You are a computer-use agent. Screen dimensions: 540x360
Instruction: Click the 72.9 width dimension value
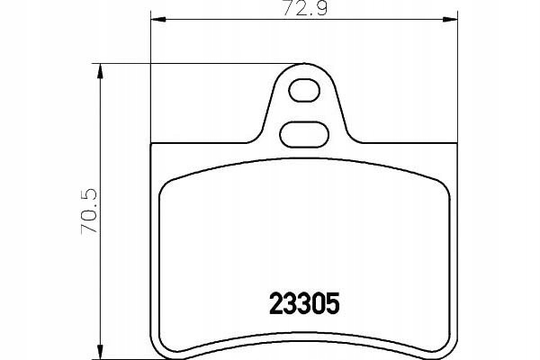point(304,9)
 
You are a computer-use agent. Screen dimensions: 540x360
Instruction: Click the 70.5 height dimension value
point(89,211)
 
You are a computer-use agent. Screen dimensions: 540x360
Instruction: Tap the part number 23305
point(304,304)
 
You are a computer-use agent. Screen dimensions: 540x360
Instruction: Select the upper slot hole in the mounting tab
point(304,91)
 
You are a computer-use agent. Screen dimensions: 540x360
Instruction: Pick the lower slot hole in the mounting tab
point(304,135)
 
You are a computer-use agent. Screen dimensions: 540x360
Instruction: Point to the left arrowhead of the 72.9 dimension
point(158,19)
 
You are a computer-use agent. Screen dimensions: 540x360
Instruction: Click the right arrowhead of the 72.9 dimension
point(450,19)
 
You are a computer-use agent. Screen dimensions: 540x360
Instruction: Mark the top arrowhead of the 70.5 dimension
point(100,71)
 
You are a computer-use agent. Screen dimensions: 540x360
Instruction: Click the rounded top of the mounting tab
point(304,65)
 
